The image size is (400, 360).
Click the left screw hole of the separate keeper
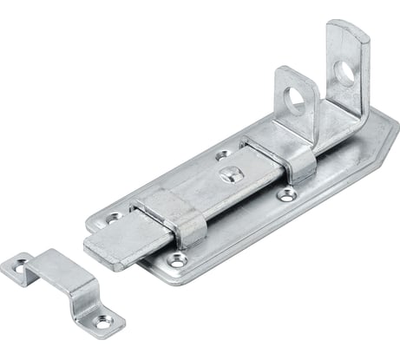(17, 270)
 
